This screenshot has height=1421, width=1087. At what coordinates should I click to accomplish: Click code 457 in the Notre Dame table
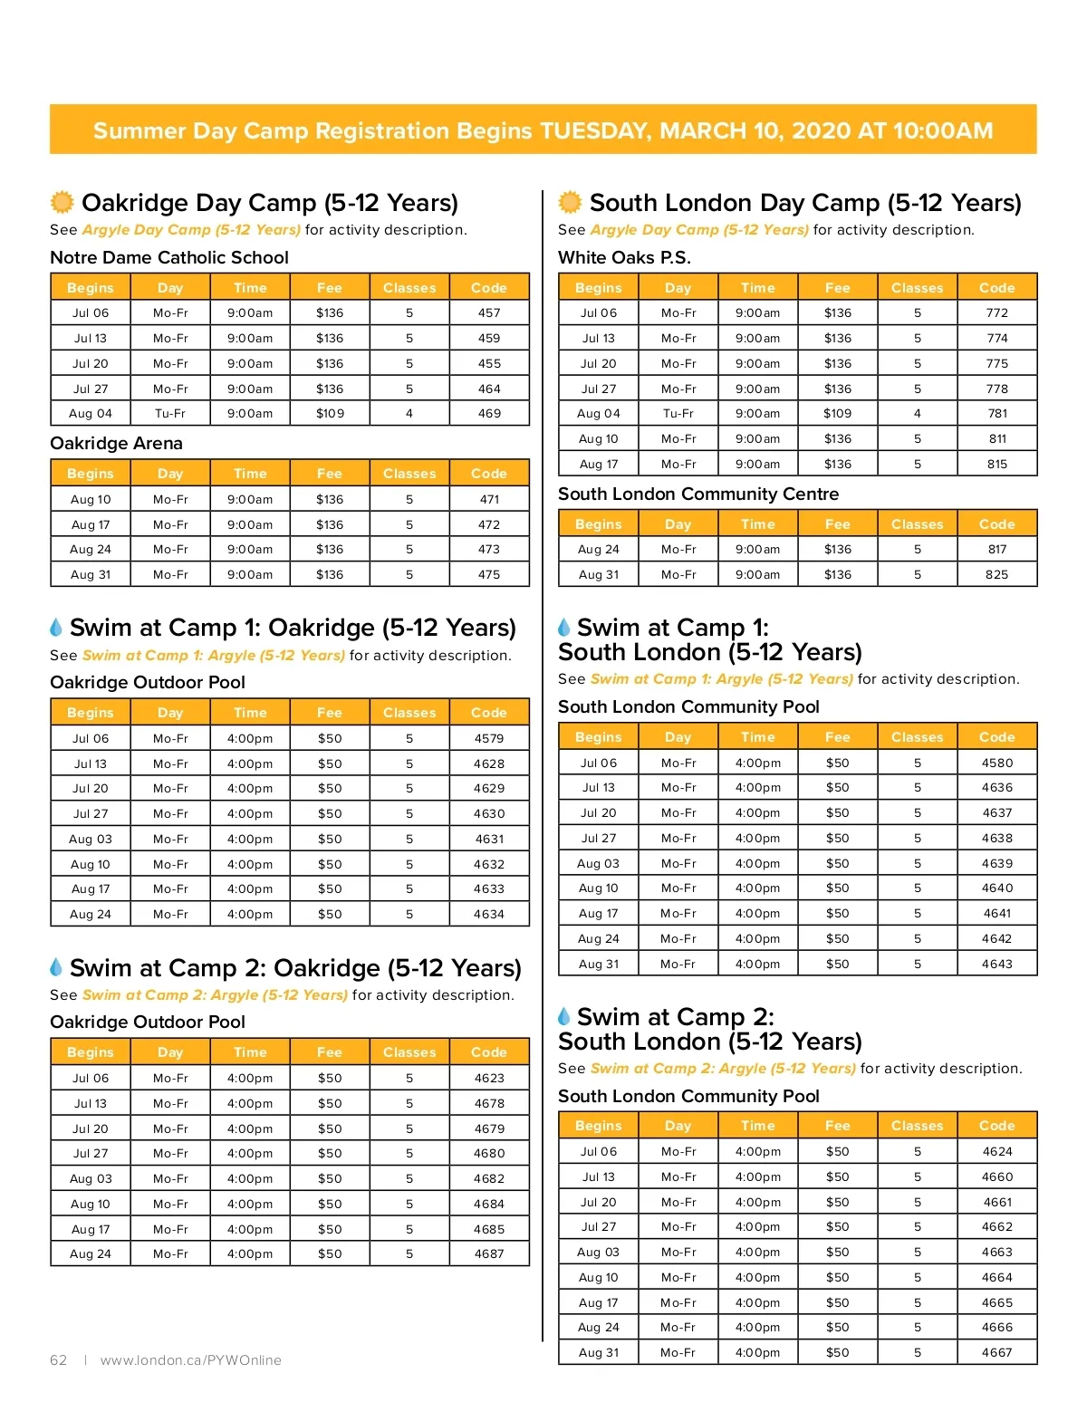(x=489, y=312)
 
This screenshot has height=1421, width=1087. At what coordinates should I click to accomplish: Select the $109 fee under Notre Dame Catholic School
(x=330, y=413)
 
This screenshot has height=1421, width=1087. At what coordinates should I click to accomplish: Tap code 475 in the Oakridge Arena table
(x=489, y=574)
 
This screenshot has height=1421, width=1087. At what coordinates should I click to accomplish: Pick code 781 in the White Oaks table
(x=997, y=413)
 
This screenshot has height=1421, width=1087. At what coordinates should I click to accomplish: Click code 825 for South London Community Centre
(x=997, y=574)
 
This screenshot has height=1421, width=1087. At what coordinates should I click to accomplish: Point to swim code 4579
(x=489, y=738)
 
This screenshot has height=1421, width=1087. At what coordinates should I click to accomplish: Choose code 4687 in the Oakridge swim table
(x=489, y=1253)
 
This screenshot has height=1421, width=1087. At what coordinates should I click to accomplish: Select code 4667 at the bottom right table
(x=997, y=1352)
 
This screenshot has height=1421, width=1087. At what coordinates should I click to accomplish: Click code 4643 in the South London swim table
(x=997, y=964)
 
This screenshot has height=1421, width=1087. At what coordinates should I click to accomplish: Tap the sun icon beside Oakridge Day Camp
(x=62, y=201)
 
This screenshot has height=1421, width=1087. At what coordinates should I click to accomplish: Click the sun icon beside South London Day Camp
(x=570, y=201)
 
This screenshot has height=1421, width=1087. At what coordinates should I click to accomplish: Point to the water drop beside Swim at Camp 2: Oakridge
(x=56, y=967)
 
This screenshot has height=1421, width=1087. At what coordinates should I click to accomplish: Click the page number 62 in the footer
(x=59, y=1359)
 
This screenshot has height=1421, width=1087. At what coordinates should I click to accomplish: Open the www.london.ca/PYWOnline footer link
(x=191, y=1359)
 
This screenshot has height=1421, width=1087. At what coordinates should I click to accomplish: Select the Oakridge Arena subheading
(x=116, y=443)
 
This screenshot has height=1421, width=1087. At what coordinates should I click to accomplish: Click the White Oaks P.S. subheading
(x=624, y=257)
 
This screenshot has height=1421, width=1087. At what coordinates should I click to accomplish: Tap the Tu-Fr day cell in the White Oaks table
(x=678, y=413)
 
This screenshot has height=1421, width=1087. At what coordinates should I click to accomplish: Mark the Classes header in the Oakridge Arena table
(x=409, y=474)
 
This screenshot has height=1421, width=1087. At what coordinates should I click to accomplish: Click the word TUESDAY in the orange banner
(x=595, y=130)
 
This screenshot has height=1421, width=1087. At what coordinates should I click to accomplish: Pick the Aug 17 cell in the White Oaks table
(x=598, y=464)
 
